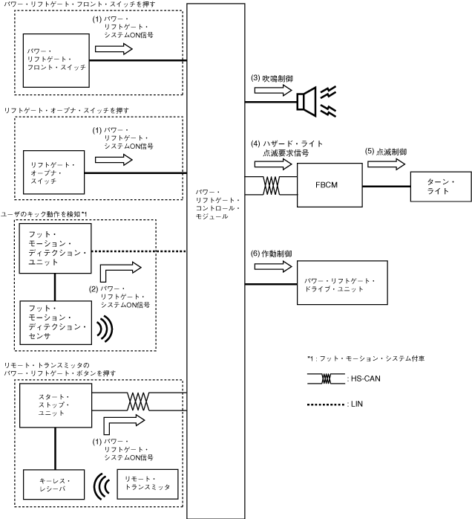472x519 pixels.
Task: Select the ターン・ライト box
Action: click(x=441, y=186)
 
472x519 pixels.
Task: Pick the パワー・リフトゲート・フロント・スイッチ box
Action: click(x=56, y=58)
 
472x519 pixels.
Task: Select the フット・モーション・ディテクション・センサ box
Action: click(x=55, y=321)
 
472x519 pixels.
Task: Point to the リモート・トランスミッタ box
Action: click(x=148, y=484)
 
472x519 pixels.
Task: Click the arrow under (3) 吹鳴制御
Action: click(x=273, y=90)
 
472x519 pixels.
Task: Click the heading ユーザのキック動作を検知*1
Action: click(x=45, y=215)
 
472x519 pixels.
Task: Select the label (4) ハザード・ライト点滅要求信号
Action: click(x=290, y=146)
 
